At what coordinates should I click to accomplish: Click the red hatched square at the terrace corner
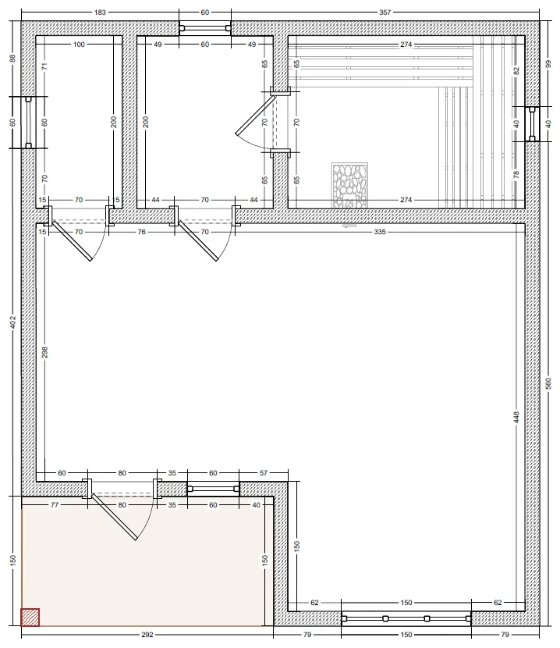[30, 617]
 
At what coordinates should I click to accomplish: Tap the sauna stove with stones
[349, 186]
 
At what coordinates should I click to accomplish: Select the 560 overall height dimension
[549, 384]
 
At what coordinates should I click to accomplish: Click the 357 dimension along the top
[385, 12]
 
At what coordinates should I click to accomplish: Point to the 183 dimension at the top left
[100, 12]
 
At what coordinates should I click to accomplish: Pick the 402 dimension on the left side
[12, 322]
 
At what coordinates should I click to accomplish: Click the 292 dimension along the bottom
[147, 635]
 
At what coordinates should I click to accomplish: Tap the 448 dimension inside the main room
[516, 417]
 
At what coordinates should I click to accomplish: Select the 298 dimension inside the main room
[45, 352]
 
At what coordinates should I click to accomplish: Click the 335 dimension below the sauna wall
[380, 232]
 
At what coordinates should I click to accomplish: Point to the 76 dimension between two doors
[142, 232]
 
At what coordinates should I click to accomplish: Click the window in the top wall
[205, 28]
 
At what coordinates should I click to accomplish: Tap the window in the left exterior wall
[28, 123]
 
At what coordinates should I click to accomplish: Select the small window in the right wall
[532, 124]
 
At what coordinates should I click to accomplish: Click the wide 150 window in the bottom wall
[406, 618]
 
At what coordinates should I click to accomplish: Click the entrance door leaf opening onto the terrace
[114, 517]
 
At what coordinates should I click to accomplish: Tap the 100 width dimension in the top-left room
[79, 45]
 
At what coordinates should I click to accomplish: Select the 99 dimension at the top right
[549, 64]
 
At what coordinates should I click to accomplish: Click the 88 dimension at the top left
[12, 59]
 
